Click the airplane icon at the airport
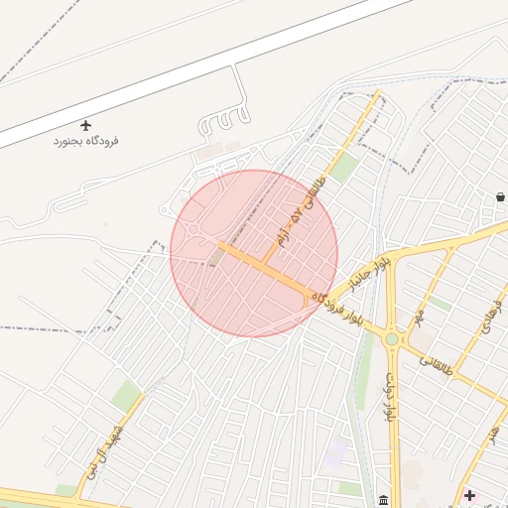(85, 126)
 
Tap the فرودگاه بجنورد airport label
(86, 142)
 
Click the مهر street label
(423, 316)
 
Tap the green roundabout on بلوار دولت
(392, 339)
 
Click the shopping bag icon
(501, 197)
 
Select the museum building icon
(383, 498)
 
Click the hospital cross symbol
(469, 494)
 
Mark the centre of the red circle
(254, 253)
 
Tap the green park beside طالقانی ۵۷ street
(343, 168)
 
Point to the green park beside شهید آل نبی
(126, 396)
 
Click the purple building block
(335, 452)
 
